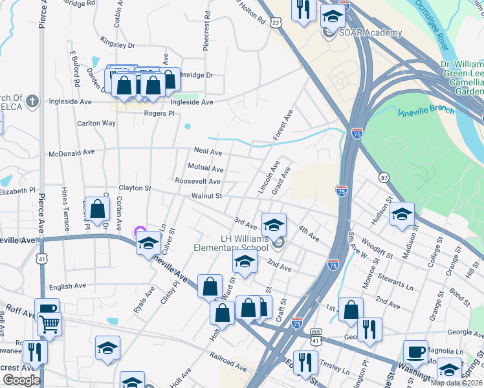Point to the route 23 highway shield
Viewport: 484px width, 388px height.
[x=276, y=23]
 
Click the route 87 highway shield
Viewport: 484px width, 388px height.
[x=384, y=177]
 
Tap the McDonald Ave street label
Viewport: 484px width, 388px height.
[x=72, y=153]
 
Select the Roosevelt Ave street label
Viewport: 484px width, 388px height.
[x=197, y=182]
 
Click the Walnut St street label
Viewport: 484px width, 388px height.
[x=206, y=196]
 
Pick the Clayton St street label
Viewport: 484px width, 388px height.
[x=134, y=188]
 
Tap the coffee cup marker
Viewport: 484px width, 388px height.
[x=415, y=352]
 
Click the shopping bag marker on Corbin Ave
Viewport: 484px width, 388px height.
[x=97, y=209]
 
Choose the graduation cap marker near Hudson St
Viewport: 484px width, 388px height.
[x=402, y=214]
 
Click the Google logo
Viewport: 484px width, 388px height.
[x=21, y=380]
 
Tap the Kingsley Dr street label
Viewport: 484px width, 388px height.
[x=117, y=46]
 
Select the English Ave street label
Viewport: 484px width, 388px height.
[x=67, y=286]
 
